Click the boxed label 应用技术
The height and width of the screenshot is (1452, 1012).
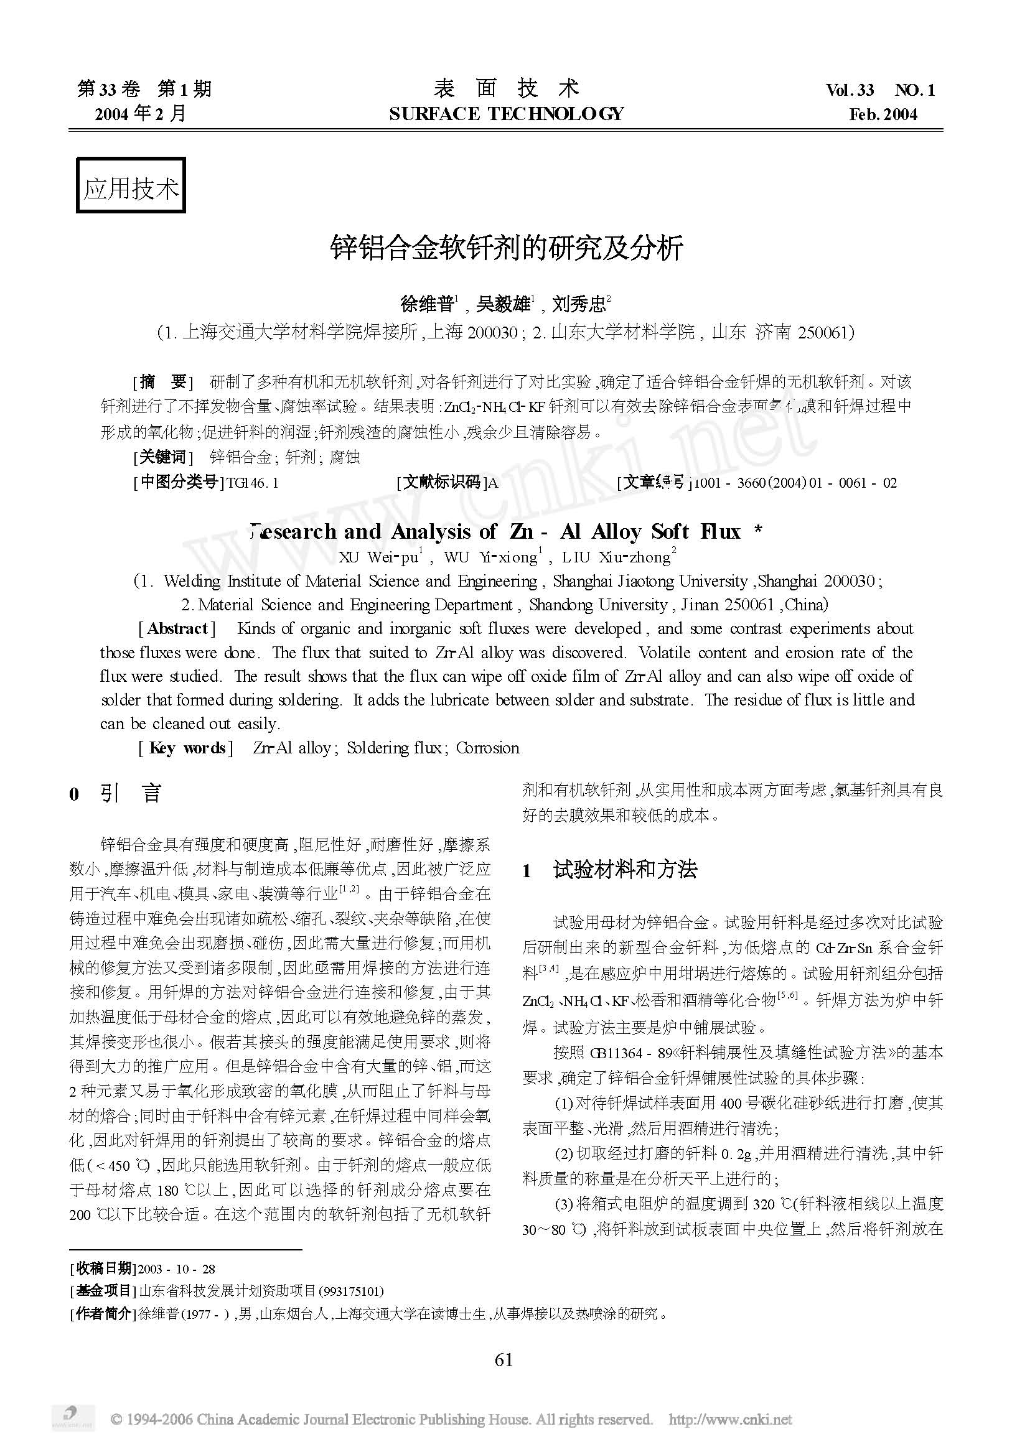click(x=130, y=187)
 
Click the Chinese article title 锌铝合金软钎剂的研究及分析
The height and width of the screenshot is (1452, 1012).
click(x=506, y=248)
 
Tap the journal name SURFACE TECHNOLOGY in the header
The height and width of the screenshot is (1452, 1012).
click(x=506, y=114)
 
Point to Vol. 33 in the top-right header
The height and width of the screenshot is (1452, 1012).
click(x=850, y=90)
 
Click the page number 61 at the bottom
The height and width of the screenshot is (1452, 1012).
click(x=504, y=1359)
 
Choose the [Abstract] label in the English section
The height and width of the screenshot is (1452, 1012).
click(x=177, y=628)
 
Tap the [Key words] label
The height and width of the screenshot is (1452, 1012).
click(x=185, y=748)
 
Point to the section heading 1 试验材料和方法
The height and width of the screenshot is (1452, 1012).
click(x=610, y=870)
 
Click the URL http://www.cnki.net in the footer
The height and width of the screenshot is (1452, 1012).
click(x=730, y=1420)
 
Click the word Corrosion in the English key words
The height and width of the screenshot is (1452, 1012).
click(x=487, y=748)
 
